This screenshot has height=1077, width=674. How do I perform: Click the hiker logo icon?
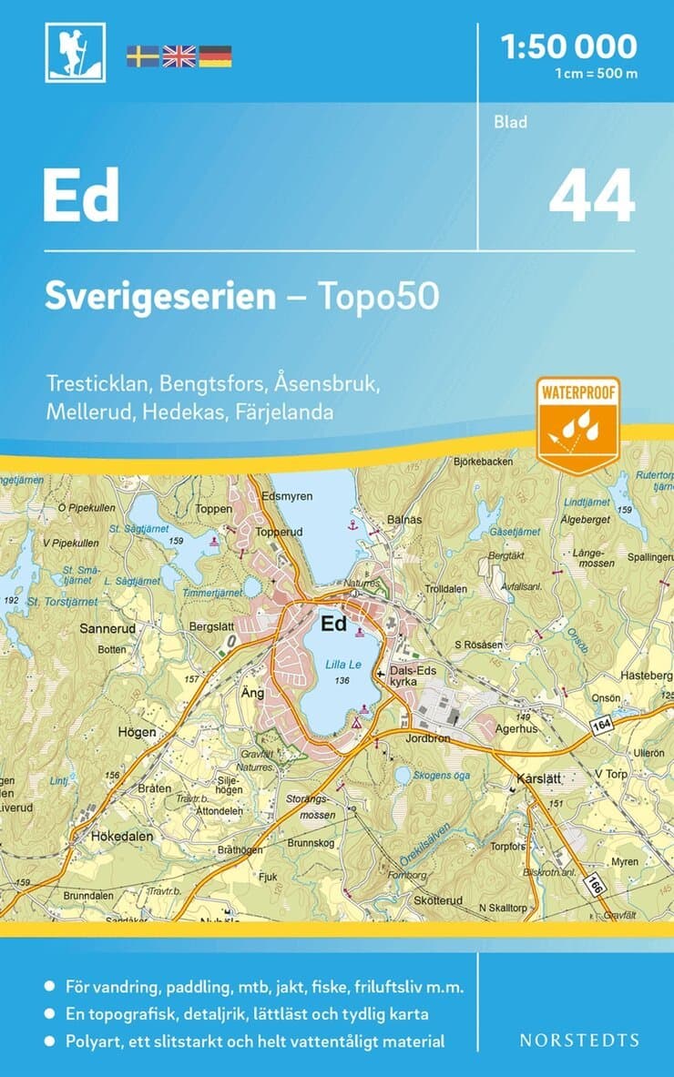coord(75,53)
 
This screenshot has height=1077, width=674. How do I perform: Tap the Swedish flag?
coord(143,56)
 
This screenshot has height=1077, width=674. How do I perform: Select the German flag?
coord(215,56)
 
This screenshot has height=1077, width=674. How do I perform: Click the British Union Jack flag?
coord(179,56)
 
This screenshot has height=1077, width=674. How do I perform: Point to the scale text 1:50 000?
coord(570,46)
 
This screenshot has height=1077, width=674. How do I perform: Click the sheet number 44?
coord(591,197)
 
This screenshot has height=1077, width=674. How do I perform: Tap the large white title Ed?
coord(81,197)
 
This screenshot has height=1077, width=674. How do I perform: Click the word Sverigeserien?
coord(160,297)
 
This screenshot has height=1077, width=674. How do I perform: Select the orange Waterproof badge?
coord(577,425)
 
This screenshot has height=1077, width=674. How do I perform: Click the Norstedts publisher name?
coord(579,1040)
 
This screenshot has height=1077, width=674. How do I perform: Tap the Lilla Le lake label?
coord(342,666)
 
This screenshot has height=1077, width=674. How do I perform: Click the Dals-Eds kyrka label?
coord(414,676)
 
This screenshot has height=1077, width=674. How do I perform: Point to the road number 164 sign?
coord(600,724)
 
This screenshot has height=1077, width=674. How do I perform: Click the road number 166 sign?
coord(595,883)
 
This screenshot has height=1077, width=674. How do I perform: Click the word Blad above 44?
coord(511,122)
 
